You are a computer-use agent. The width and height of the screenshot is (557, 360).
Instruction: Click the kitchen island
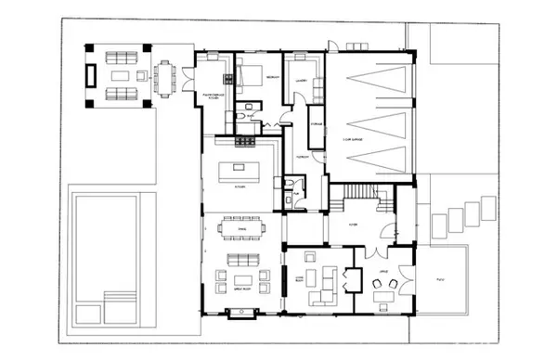pos(236,172)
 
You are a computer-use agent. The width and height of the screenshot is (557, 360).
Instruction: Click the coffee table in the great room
pos(243,277)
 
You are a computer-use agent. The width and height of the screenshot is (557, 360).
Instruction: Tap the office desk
pos(383,298)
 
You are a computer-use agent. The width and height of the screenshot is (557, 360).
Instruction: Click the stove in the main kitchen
pos(245,141)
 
